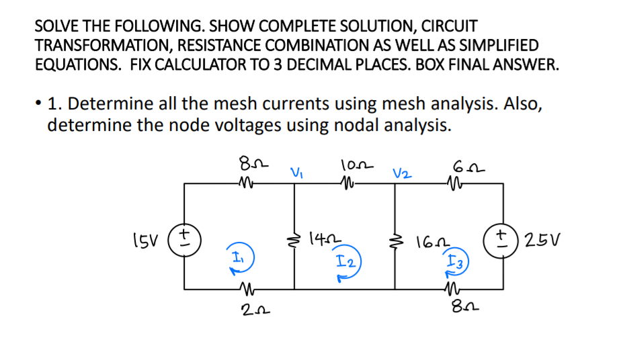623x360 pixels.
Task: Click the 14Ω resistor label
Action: click(x=322, y=238)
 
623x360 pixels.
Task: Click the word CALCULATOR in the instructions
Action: click(x=308, y=65)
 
